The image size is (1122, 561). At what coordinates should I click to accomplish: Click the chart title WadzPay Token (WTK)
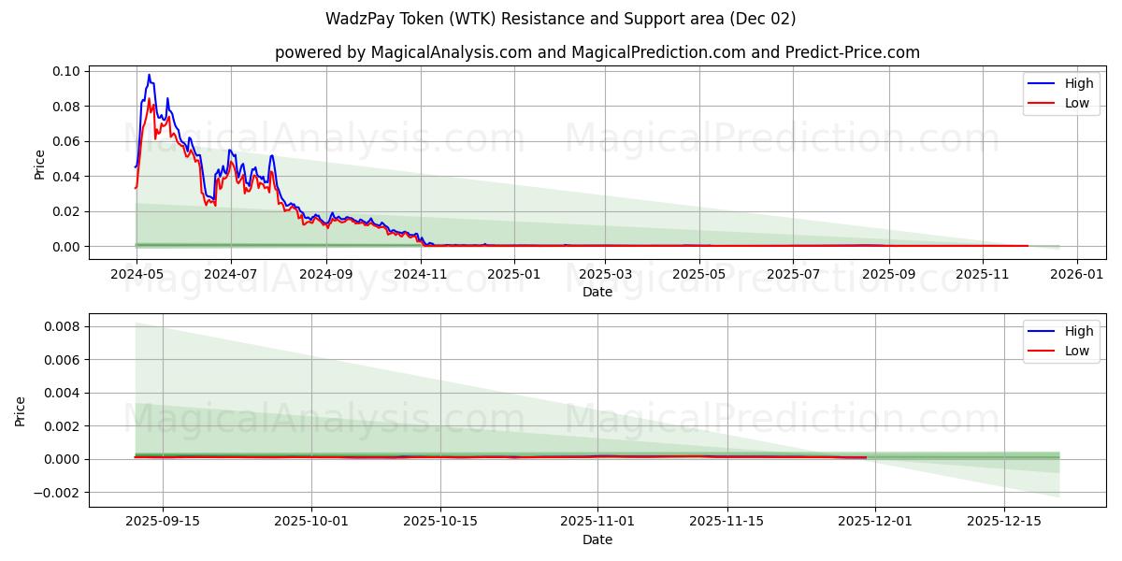pyautogui.click(x=560, y=19)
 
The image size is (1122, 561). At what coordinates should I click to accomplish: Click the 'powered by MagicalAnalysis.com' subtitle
pyautogui.click(x=597, y=52)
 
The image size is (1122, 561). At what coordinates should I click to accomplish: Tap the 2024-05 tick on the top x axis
pyautogui.click(x=137, y=275)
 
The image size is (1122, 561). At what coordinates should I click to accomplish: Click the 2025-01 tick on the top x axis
pyautogui.click(x=513, y=275)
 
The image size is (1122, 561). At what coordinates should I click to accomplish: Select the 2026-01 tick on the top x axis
pyautogui.click(x=1077, y=275)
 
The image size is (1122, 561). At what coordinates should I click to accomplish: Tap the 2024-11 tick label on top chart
pyautogui.click(x=420, y=275)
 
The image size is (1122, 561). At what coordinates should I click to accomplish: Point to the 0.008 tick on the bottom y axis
pyautogui.click(x=62, y=326)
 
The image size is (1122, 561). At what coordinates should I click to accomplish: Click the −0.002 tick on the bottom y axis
pyautogui.click(x=58, y=493)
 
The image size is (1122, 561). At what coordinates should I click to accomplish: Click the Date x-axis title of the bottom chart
pyautogui.click(x=597, y=539)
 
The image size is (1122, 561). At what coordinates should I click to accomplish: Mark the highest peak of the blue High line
pyautogui.click(x=149, y=75)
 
